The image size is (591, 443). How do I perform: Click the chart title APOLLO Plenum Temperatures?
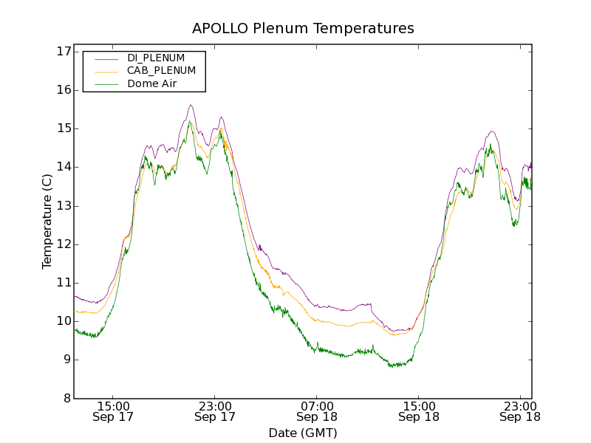(303, 29)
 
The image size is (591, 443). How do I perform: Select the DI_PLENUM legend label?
(156, 58)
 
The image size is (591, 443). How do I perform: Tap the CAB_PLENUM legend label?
(161, 71)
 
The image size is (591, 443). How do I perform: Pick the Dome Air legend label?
(151, 83)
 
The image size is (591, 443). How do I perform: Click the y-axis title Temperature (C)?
(47, 221)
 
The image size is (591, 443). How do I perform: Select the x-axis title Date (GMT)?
(303, 433)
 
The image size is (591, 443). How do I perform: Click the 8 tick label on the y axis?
(66, 399)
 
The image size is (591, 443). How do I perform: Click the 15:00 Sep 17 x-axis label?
(113, 411)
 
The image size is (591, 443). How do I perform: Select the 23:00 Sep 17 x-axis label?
(215, 411)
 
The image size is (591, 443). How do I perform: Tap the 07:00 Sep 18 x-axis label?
(317, 411)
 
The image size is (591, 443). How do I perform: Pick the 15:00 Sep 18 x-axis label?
(419, 411)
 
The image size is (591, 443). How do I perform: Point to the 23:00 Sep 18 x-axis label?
(520, 411)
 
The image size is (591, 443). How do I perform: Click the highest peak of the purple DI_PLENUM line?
(191, 105)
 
